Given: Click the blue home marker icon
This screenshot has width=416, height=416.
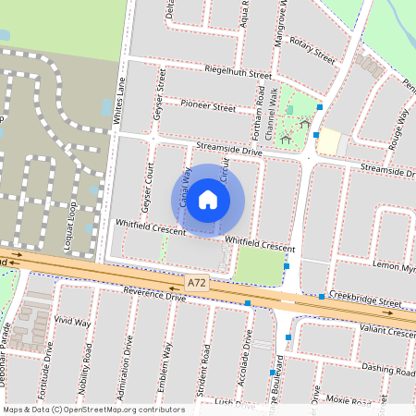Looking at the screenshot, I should point(208,199).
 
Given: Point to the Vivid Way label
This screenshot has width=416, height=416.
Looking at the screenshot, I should point(72,322).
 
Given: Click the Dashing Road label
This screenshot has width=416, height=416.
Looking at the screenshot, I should point(387,368).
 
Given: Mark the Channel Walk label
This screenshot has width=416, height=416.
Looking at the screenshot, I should point(272,120).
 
